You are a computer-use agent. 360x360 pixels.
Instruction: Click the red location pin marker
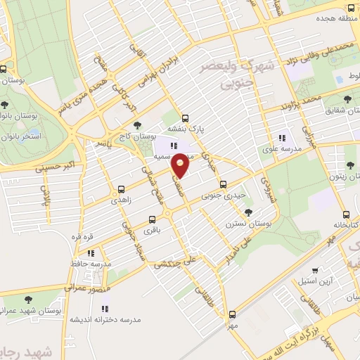[x=181, y=165]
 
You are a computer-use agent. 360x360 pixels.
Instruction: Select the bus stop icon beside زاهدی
[x=122, y=188]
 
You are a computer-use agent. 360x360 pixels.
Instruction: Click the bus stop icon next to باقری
[x=153, y=219]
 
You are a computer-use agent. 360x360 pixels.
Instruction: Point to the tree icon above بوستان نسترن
[x=248, y=211]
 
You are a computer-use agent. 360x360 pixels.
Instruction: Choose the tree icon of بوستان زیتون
[x=349, y=165]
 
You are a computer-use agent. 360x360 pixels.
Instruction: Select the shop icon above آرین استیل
[x=317, y=271]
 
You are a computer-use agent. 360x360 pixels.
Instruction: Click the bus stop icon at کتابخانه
[x=345, y=214]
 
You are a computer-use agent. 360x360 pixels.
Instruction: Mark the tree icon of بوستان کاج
[x=147, y=125]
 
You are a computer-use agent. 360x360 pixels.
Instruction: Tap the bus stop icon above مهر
[x=233, y=315]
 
